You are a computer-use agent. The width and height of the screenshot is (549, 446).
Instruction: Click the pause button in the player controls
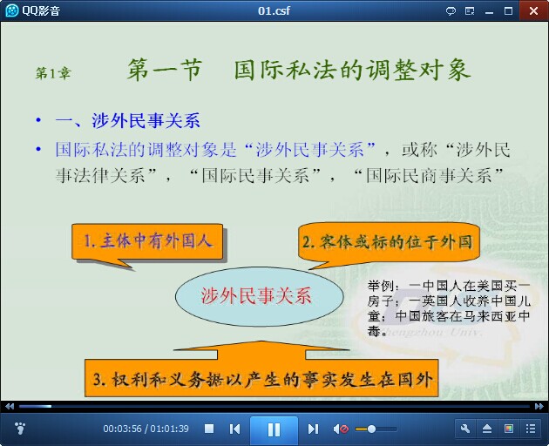[x=274, y=429]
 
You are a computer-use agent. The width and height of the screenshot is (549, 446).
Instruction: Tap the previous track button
[x=234, y=429]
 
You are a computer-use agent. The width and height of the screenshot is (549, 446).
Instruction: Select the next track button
[x=313, y=429]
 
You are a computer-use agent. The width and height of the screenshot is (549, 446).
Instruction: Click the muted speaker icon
[x=341, y=429]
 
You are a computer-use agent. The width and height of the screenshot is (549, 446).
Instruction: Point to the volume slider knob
[x=371, y=429]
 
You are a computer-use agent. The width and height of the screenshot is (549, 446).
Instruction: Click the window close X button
[x=533, y=10]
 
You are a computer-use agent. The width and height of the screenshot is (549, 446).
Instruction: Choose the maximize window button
[x=508, y=10]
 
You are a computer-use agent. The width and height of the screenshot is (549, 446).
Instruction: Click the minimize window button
[x=489, y=12]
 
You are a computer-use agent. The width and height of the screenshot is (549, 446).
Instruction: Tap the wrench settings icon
[x=465, y=429]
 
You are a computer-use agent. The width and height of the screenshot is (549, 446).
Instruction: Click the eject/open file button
[x=487, y=429]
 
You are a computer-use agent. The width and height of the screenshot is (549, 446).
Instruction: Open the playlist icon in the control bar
[x=531, y=429]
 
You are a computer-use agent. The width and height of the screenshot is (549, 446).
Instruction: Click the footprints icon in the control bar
[x=20, y=429]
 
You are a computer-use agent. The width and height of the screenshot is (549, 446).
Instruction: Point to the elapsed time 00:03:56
[x=122, y=429]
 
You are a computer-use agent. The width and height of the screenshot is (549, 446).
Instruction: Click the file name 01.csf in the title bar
[x=274, y=10]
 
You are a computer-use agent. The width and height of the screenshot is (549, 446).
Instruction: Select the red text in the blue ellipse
[x=256, y=296]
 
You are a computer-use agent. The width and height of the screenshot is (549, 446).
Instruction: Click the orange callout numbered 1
[x=147, y=242]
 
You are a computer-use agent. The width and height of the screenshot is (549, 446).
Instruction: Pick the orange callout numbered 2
[x=388, y=242]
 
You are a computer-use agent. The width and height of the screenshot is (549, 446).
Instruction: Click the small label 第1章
[x=53, y=73]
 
